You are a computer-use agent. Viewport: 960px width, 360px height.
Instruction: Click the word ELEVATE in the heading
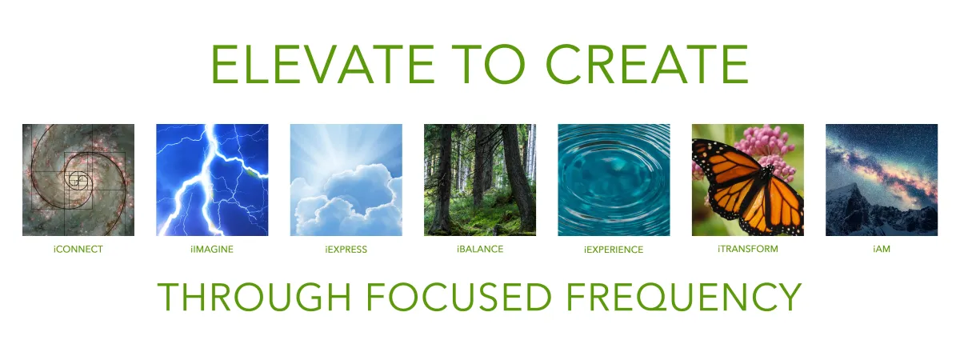[323, 64]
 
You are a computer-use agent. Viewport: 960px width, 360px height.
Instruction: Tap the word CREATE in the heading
[647, 64]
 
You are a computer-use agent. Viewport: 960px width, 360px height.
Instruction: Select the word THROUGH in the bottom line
[254, 297]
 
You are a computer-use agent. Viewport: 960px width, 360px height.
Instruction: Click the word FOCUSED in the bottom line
[458, 297]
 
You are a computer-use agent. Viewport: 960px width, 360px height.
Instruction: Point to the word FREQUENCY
[684, 297]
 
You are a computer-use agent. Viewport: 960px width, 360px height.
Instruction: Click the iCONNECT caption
[78, 250]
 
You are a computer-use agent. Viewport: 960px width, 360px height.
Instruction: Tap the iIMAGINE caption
[212, 250]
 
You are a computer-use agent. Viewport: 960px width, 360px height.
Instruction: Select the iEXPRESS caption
[346, 250]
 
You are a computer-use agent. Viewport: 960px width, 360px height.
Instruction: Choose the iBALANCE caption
[480, 249]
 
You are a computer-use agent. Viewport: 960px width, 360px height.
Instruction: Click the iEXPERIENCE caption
[614, 250]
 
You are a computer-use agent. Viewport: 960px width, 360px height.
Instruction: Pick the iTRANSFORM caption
[747, 249]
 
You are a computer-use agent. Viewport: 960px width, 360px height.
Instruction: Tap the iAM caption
[882, 249]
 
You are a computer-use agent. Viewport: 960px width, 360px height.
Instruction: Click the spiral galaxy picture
[78, 180]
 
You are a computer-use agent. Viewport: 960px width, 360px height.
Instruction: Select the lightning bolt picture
[212, 180]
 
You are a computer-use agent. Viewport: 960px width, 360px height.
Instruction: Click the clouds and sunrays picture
[346, 180]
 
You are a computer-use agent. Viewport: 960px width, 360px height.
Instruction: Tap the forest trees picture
[480, 180]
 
